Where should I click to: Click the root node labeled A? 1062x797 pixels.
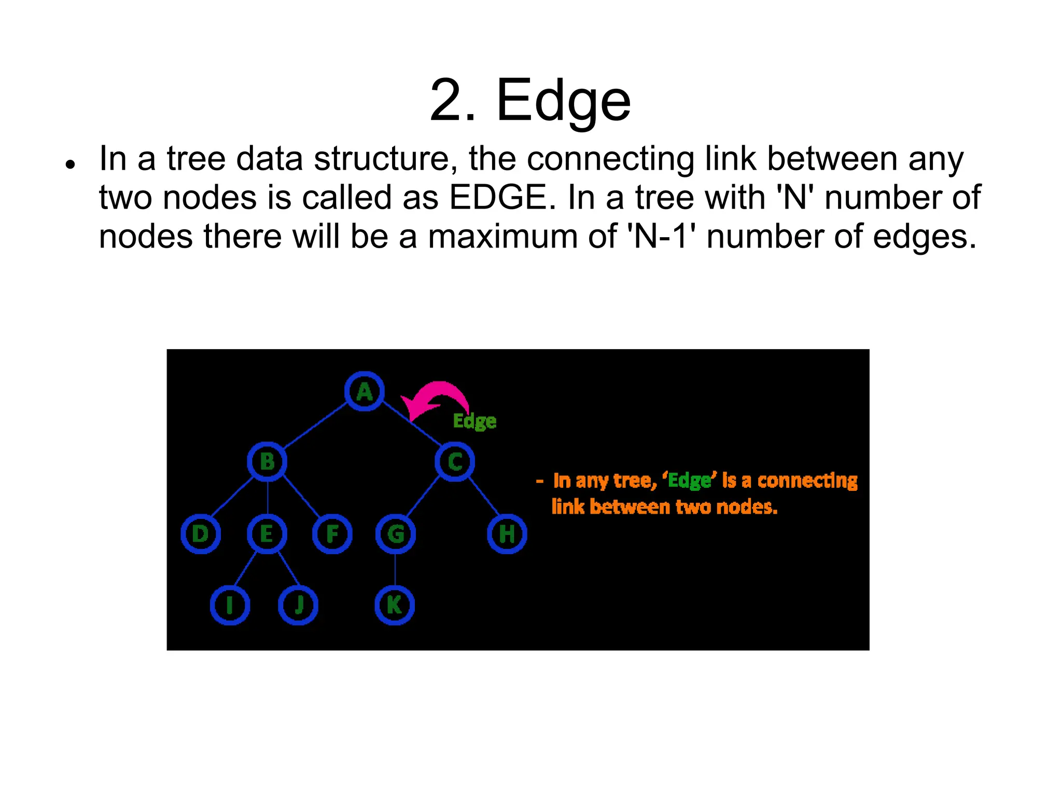pos(365,391)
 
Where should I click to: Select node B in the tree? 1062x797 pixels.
pos(267,461)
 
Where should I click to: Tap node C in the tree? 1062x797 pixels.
pos(455,461)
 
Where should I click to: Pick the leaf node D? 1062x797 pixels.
pos(201,534)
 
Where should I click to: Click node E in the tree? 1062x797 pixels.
pos(267,534)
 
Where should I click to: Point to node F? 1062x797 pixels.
pos(332,534)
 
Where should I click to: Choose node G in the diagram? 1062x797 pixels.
pos(396,534)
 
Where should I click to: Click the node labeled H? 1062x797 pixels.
pos(507,534)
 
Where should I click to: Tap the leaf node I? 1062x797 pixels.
pos(230,605)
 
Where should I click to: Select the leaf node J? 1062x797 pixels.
pos(298,605)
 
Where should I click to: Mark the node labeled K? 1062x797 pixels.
pos(395,605)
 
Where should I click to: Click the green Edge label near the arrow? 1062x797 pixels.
pos(474,421)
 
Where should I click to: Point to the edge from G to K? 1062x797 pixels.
pos(395,570)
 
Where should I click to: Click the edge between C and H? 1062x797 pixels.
pos(484,497)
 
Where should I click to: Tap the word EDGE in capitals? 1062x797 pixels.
pos(498,198)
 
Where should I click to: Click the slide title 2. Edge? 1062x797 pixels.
pos(530,100)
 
